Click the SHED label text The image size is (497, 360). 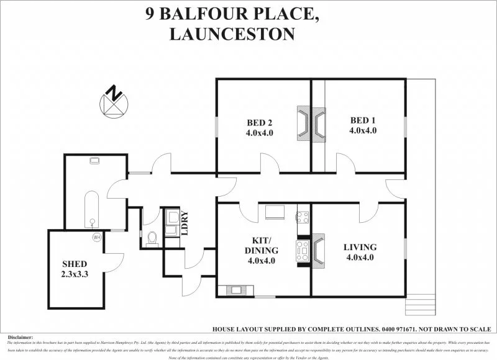click(x=74, y=264)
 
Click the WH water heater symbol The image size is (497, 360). click(x=96, y=237)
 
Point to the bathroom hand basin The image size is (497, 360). click(x=95, y=161)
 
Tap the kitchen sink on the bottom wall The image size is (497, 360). click(x=237, y=289)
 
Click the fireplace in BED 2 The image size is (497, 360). click(x=304, y=124)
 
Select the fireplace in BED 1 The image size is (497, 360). click(x=319, y=124)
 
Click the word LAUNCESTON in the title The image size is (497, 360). click(x=232, y=34)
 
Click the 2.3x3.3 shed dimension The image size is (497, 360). click(x=74, y=274)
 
